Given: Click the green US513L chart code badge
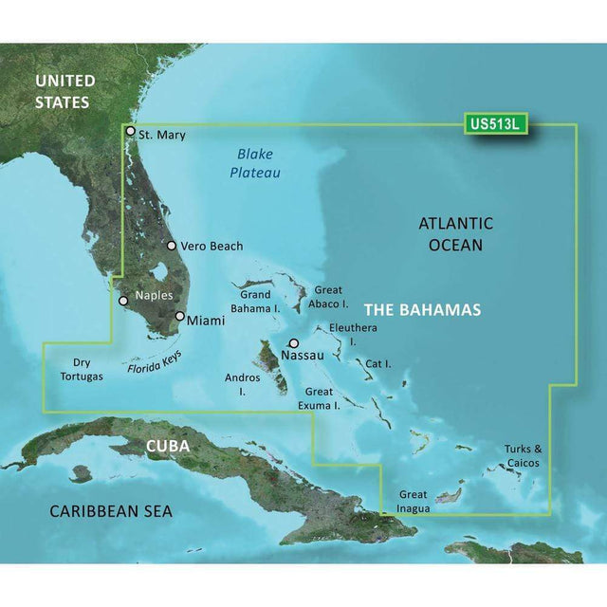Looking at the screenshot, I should click(497, 123).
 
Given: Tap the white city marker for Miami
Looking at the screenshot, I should click(180, 316).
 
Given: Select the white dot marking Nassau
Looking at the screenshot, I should click(294, 343).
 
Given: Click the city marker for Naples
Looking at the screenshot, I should click(122, 301).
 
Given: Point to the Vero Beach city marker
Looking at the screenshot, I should click(172, 246).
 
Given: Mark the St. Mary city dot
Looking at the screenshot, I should click(130, 134).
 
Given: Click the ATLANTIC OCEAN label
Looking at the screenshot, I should click(456, 234).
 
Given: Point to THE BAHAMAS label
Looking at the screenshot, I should click(422, 310).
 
